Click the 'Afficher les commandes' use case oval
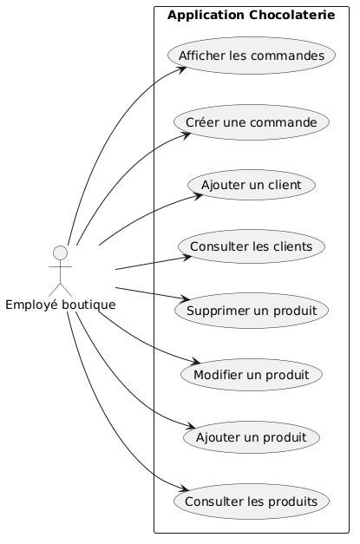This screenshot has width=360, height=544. coord(251,56)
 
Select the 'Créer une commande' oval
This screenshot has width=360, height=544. coord(251,122)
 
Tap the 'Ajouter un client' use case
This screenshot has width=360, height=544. coord(251,185)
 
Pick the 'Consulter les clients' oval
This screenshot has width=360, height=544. coord(251,247)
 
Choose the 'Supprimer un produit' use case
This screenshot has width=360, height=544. coord(251,310)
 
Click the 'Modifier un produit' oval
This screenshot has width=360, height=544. coord(251,374)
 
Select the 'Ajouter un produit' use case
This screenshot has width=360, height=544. coord(251,436)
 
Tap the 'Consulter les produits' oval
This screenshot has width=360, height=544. coord(251,501)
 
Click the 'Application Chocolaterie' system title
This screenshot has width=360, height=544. coord(251,15)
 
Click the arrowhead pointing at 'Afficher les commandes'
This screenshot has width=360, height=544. coord(183,67)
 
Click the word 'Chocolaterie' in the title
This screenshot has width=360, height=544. coord(292,15)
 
